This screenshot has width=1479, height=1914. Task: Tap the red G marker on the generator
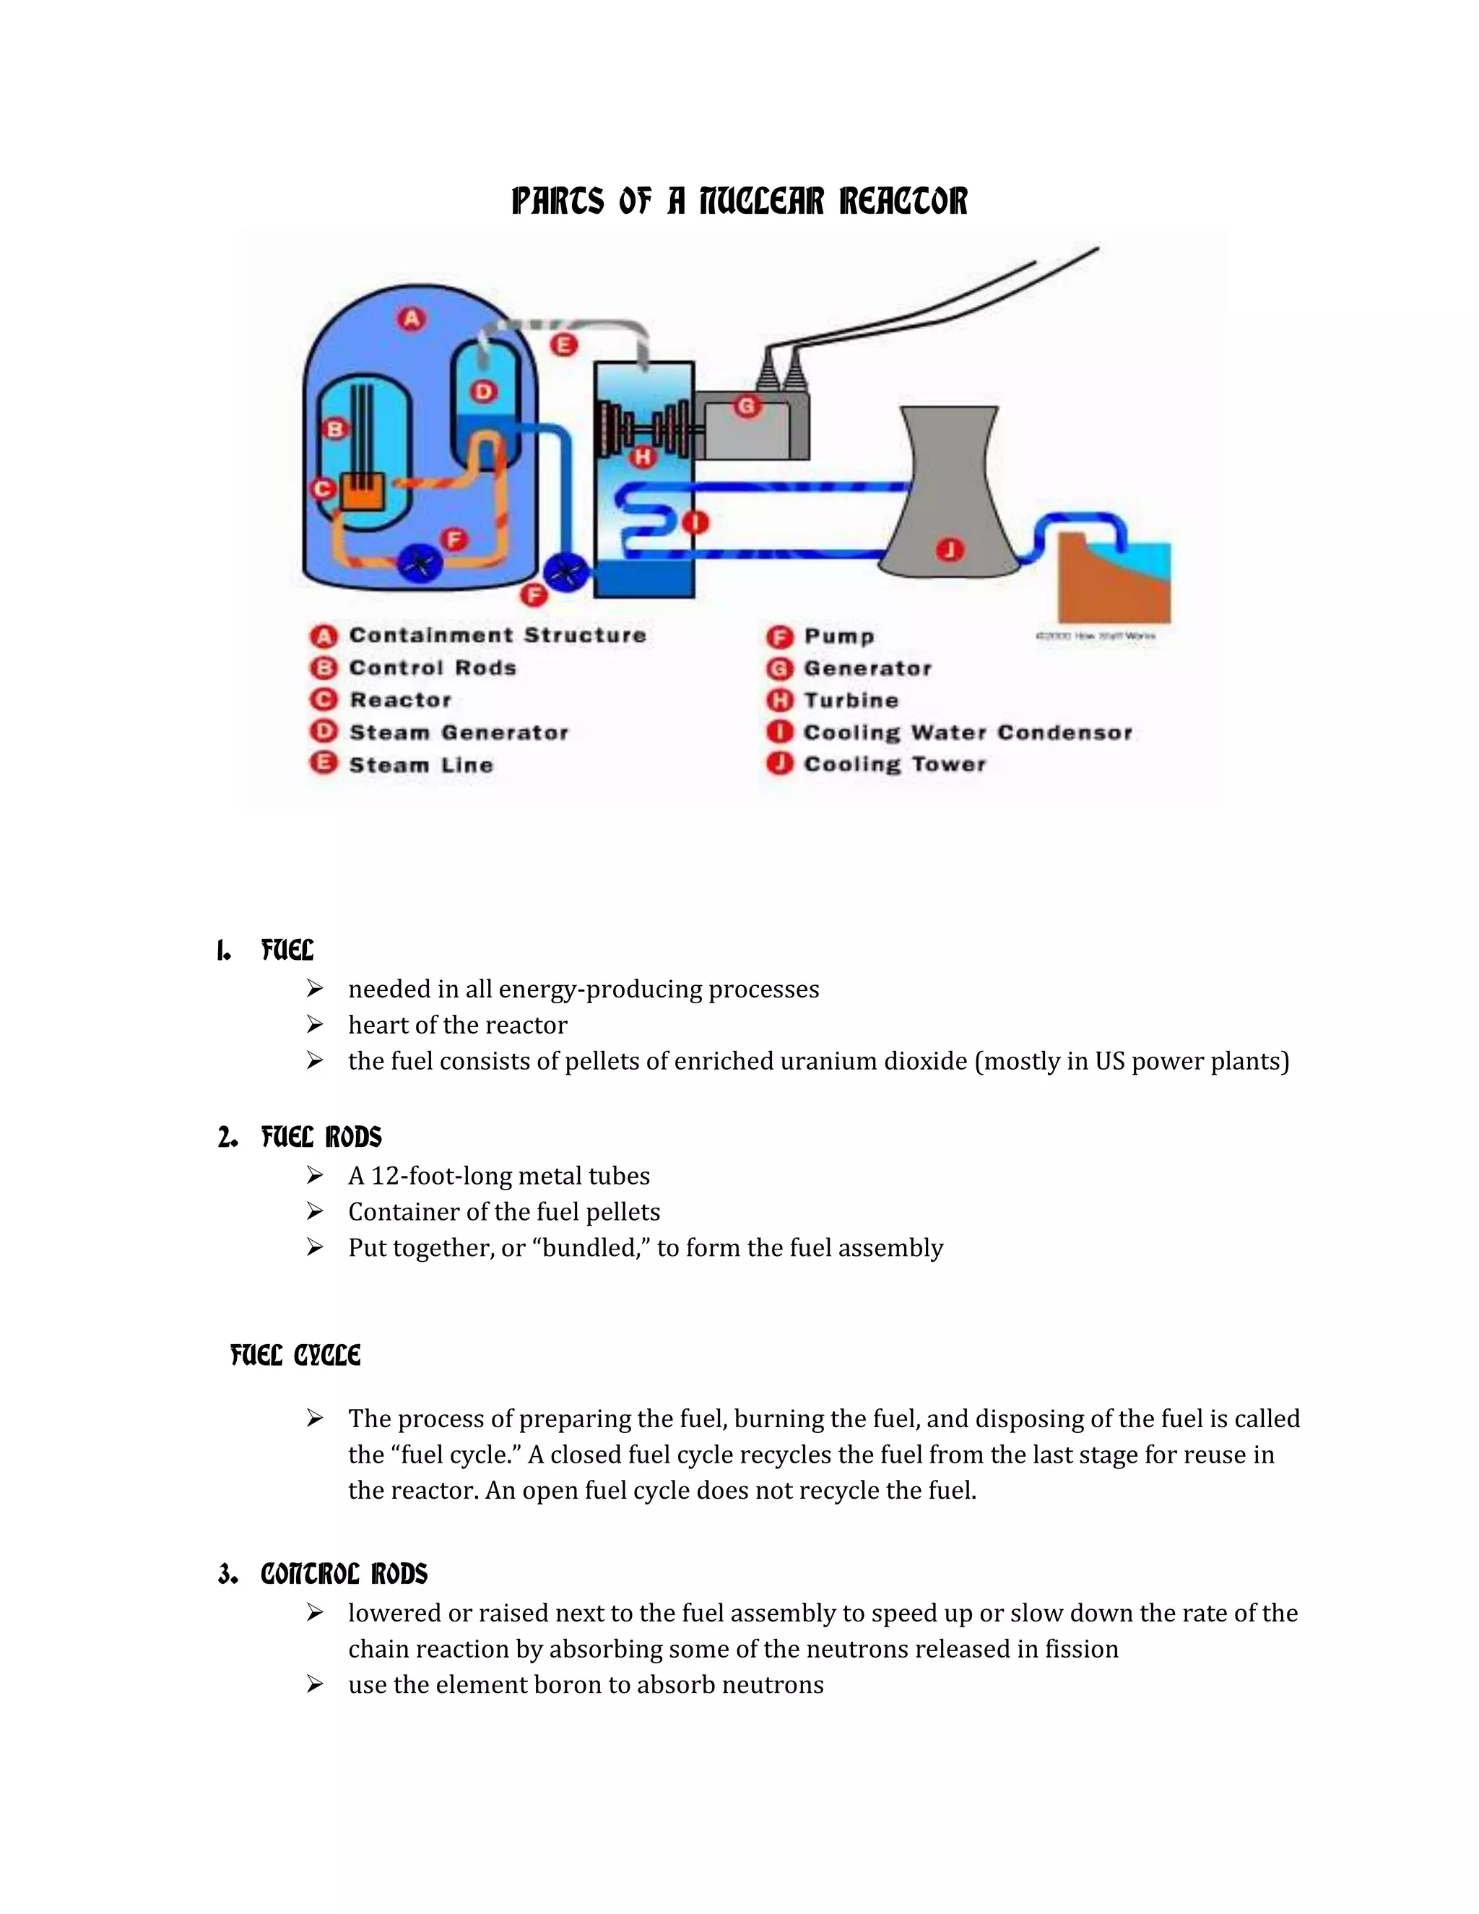(747, 406)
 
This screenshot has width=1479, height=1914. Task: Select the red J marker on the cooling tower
(950, 550)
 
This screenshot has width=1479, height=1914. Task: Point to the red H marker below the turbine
(644, 456)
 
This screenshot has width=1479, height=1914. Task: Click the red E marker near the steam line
(564, 345)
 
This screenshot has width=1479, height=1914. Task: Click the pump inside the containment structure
(420, 562)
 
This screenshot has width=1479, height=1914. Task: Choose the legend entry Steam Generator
(459, 732)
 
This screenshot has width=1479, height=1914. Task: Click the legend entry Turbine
(851, 700)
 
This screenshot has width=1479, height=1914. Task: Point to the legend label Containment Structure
(497, 636)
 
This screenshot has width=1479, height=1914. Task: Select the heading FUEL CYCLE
(295, 1356)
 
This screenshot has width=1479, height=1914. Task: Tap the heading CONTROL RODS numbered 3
(344, 1574)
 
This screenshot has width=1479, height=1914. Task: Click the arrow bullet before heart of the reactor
(316, 1024)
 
